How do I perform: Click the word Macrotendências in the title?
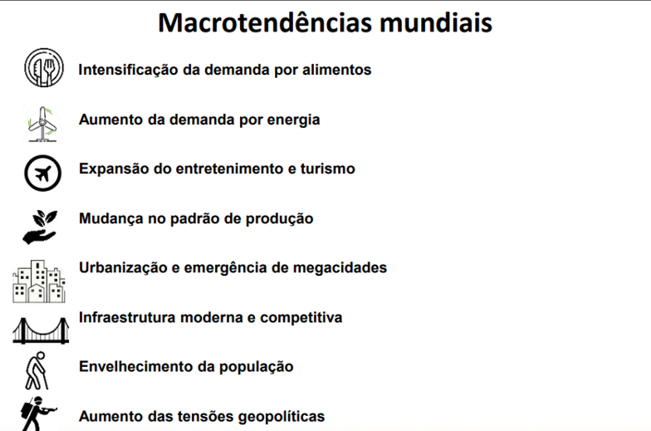coord(265,22)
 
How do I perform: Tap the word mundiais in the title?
coord(436,22)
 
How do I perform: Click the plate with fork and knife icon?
coord(44,68)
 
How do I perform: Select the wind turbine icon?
coord(42,125)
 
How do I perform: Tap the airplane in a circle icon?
coord(42,173)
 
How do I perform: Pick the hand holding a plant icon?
coord(40,227)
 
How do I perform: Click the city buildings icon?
coord(39,282)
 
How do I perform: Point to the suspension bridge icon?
coord(41,331)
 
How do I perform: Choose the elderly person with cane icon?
coord(37,370)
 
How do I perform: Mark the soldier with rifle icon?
coord(38,414)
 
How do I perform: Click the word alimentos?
coord(337,70)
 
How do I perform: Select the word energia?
coord(294,120)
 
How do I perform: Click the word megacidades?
coord(340,268)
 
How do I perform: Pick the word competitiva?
coord(301,318)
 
